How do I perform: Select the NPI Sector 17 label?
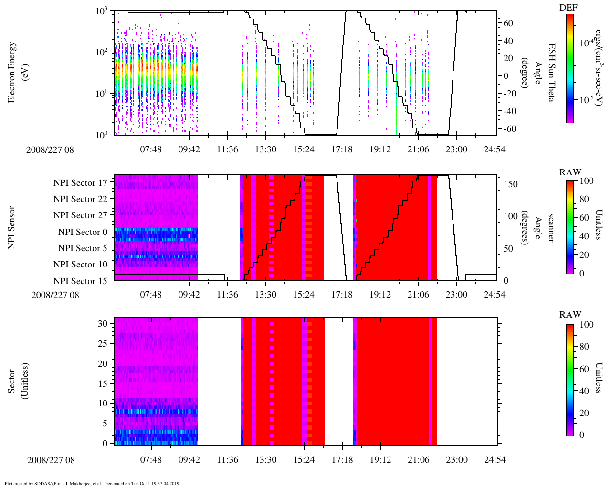(80, 182)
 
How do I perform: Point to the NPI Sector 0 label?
(83, 232)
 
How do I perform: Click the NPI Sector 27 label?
(80, 215)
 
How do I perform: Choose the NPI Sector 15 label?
(80, 281)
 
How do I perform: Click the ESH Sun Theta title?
(552, 72)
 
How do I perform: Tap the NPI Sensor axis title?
(12, 227)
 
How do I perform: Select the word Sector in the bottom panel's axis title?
(12, 381)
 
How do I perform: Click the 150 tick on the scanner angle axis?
(511, 184)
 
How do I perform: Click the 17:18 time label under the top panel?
(342, 149)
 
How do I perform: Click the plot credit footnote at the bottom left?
(92, 483)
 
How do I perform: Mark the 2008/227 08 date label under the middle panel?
(55, 295)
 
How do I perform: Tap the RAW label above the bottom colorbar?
(570, 315)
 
